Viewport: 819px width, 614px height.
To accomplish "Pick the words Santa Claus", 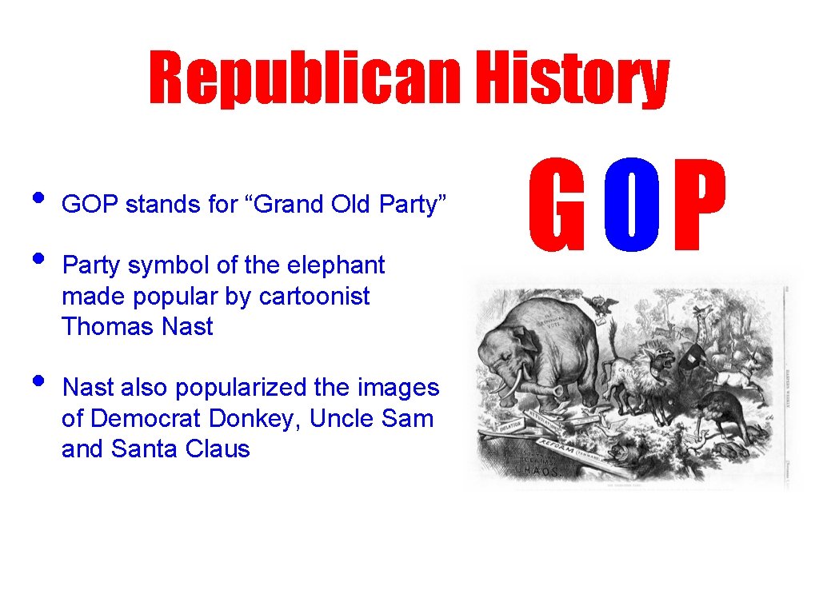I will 180,449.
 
